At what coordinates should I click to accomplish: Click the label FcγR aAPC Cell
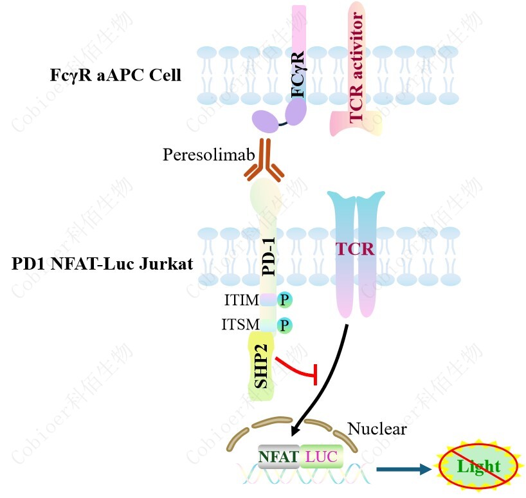pos(115,75)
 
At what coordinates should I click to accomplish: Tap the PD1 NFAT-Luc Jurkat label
pos(102,264)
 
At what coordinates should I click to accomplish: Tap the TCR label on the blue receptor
pos(356,248)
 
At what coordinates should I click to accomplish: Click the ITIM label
pos(241,300)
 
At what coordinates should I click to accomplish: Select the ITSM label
pos(240,325)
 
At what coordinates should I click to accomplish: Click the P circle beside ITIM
pos(284,299)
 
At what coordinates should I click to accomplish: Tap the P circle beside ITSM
pos(284,326)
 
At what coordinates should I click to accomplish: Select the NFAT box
pos(279,457)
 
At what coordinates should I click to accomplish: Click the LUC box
pos(322,457)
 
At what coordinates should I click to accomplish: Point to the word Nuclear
pos(377,429)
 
